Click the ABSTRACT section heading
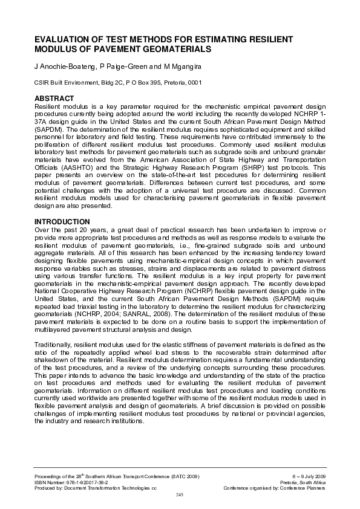[53, 97]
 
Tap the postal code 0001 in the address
[193, 82]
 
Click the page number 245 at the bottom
[180, 494]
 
